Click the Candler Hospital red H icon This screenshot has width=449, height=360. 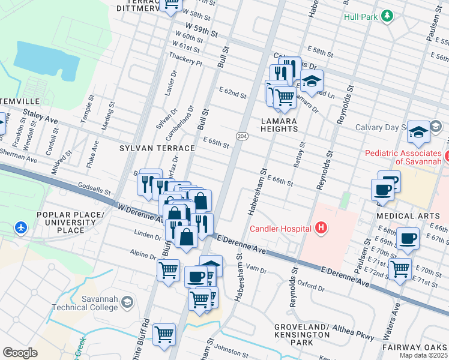(x=321, y=228)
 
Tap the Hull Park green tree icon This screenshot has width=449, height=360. (x=388, y=16)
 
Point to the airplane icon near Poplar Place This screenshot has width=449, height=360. (x=21, y=227)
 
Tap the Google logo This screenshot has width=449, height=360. (x=20, y=353)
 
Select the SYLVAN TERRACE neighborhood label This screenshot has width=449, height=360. (x=157, y=148)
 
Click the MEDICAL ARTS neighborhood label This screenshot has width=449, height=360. (x=404, y=215)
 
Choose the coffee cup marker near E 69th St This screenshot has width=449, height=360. (x=408, y=238)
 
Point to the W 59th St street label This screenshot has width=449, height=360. (x=201, y=28)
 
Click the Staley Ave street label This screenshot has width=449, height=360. (x=40, y=116)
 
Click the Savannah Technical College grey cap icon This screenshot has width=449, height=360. (x=126, y=302)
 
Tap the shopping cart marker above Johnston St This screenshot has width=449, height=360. (x=164, y=334)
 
